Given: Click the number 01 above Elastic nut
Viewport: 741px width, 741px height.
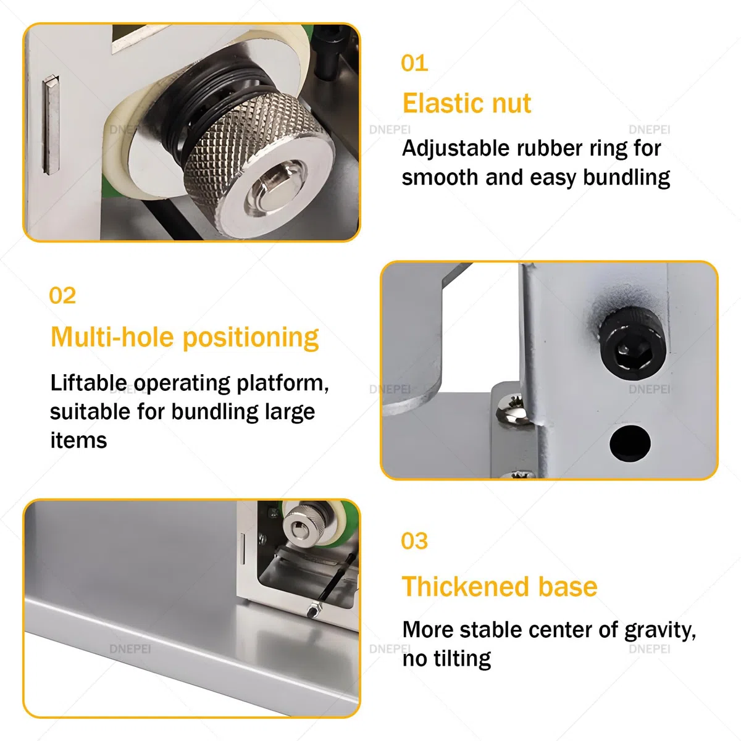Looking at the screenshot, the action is (414, 63).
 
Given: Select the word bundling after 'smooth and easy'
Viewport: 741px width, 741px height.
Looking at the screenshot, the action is (626, 178).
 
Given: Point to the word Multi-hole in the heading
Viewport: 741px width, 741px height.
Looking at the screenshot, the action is (112, 337).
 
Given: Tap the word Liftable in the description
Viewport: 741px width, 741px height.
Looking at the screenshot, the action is (88, 383).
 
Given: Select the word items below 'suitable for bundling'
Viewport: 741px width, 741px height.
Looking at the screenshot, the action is (78, 440).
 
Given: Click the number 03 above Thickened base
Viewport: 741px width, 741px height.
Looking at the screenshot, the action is (414, 541).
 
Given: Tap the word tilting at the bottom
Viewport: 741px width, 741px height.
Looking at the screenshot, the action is (462, 659).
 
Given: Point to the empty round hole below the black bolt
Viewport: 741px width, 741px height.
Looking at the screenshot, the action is (630, 443).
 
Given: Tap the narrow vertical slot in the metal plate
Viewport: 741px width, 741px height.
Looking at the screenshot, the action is (51, 124).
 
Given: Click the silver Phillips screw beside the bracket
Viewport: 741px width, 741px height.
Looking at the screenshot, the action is (514, 409).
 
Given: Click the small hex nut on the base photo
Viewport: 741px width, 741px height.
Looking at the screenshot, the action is (314, 611).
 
